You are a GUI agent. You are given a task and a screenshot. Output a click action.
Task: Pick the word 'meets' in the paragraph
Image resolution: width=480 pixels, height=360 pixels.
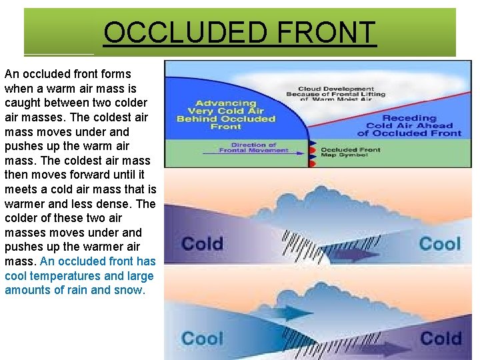[20, 190]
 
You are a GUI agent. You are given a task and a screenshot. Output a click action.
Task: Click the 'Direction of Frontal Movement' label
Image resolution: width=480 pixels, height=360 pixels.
[253, 147]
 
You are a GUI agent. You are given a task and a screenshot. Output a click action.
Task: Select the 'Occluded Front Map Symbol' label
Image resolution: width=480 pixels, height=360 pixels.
[351, 153]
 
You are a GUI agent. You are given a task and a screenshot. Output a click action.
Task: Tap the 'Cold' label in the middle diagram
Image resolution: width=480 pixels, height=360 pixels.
[202, 243]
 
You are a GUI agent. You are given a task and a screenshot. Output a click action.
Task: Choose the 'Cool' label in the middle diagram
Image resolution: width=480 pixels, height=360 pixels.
[439, 243]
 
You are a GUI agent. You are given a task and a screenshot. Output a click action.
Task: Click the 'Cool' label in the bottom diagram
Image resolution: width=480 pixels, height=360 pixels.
[202, 338]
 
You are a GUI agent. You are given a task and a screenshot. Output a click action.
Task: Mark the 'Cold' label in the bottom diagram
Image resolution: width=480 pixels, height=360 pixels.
[441, 338]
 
